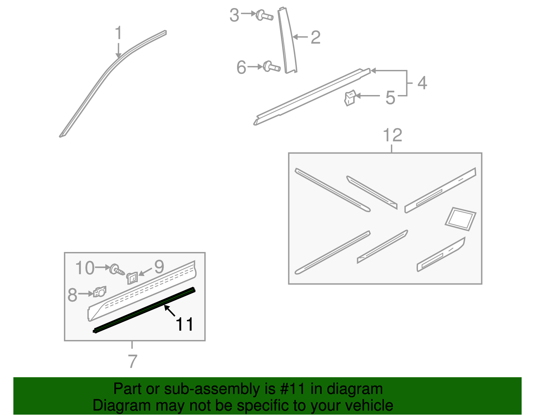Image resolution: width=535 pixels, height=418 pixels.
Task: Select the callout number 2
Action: click(x=316, y=37)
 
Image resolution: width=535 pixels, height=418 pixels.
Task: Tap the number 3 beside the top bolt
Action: click(x=234, y=15)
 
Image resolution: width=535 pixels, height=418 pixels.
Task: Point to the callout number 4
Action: click(x=422, y=83)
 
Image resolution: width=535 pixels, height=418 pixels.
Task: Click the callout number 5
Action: click(x=390, y=98)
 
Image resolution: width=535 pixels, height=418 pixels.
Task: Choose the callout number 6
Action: click(x=241, y=67)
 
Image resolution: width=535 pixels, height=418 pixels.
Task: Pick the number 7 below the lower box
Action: click(x=132, y=361)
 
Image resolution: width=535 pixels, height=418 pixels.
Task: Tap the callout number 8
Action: click(x=72, y=295)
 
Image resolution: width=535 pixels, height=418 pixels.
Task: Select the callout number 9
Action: click(x=159, y=267)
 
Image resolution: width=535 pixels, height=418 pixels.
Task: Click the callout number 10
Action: click(x=85, y=268)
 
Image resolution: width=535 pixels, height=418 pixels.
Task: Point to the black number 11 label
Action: click(x=185, y=324)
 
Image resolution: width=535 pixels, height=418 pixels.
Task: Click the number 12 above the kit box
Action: click(x=393, y=135)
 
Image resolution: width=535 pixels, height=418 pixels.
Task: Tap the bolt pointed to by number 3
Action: click(x=264, y=15)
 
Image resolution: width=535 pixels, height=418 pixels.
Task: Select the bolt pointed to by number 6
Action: click(x=272, y=67)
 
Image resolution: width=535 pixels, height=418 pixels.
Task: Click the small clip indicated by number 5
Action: click(x=350, y=98)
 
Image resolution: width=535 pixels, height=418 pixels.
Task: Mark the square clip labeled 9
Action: click(x=132, y=278)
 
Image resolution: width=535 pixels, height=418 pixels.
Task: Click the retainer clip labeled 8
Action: click(x=100, y=292)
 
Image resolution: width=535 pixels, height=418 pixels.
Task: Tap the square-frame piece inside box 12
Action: click(x=460, y=219)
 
